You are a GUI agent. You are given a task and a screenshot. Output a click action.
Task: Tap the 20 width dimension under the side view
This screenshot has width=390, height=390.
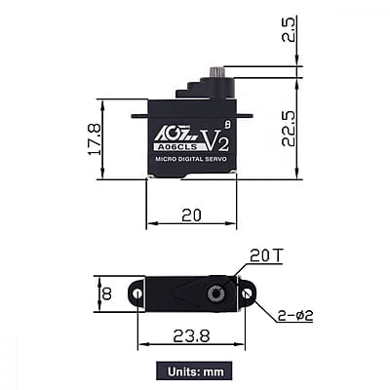point(191,213)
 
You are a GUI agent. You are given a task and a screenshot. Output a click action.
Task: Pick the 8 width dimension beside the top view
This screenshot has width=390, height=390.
point(106,292)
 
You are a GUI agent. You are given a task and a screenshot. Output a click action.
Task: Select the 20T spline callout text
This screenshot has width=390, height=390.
point(265,256)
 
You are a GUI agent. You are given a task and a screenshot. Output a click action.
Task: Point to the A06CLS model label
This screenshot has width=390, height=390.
point(175,147)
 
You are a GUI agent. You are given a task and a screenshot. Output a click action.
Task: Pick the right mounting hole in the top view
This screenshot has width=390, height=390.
point(248,292)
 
